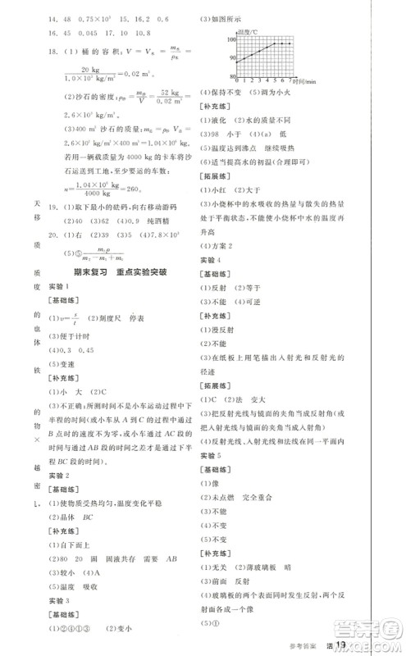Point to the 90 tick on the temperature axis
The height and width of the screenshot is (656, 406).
click(x=231, y=58)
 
